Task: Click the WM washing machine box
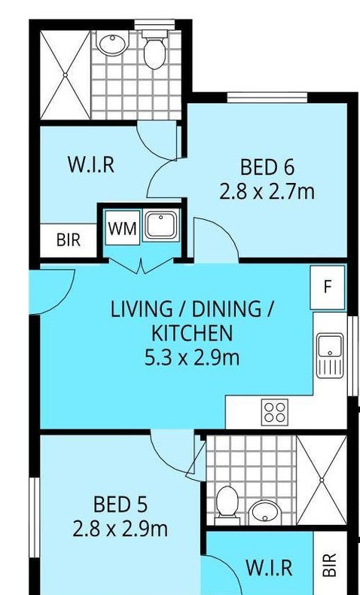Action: pos(123,227)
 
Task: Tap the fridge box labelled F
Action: pos(328,287)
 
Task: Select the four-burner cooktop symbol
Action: pos(275,413)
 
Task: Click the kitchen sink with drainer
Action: pos(330,355)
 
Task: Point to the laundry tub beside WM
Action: pos(161,226)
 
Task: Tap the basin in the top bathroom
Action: pos(113,42)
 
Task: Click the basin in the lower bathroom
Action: pos(264,511)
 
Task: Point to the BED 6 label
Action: pos(267,167)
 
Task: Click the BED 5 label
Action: pos(121,505)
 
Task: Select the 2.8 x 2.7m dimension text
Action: pos(267,191)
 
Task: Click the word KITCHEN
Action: pos(191,333)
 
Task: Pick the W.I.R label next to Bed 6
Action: pos(91,165)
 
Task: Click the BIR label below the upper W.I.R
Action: pos(69,240)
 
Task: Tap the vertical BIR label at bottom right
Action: pos(330,565)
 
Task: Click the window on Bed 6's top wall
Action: pos(267,97)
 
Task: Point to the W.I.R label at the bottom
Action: pos(269,568)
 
